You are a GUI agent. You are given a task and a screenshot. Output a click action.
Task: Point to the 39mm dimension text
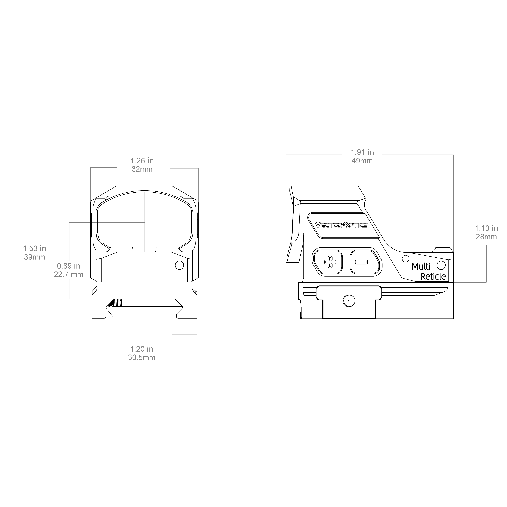point(35,257)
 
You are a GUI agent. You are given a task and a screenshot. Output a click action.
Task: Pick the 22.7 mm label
point(69,274)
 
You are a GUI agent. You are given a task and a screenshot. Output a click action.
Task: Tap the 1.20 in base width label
point(142,349)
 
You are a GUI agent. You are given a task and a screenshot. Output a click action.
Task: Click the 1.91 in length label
point(362,152)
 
